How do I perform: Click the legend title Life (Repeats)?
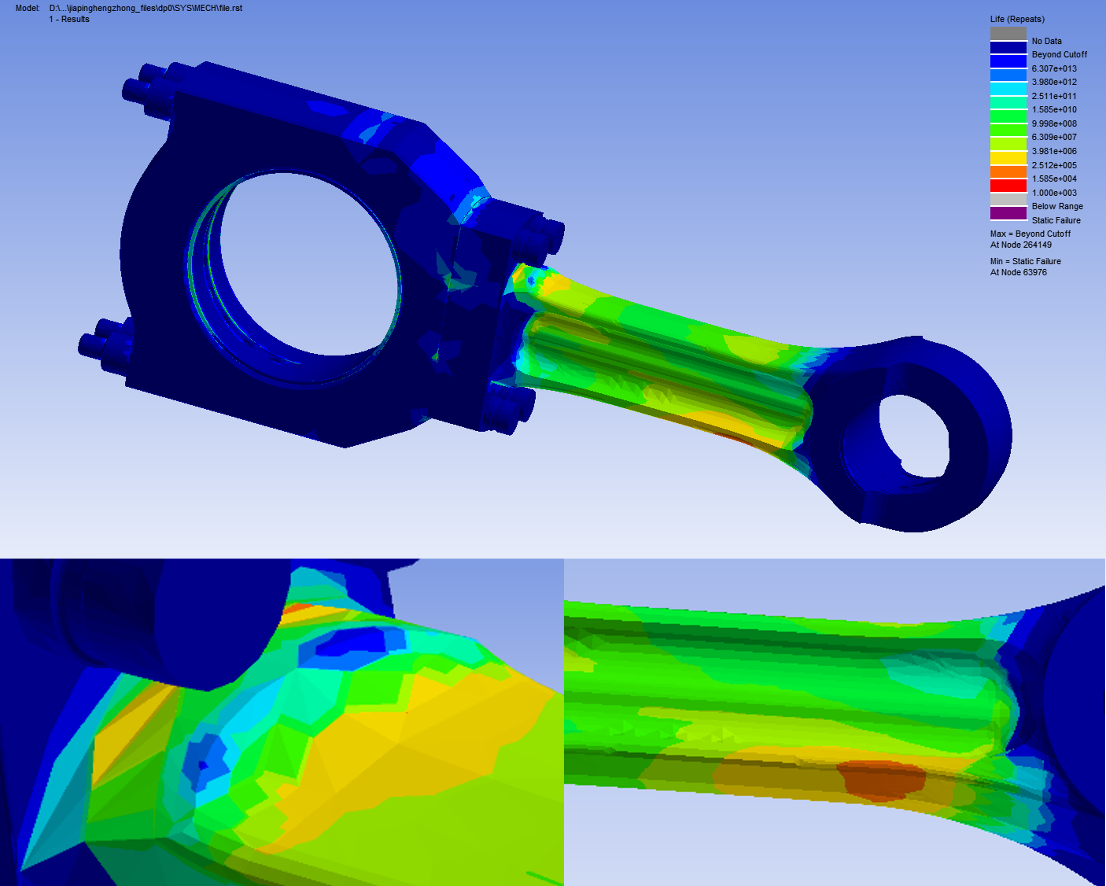click(x=1017, y=19)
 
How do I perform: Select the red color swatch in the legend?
click(x=1009, y=185)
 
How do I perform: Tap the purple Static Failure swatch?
click(x=1009, y=213)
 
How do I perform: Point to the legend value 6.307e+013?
click(x=1054, y=68)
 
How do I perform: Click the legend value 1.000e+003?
click(x=1054, y=193)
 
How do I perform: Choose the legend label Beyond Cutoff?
click(x=1059, y=54)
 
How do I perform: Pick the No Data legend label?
click(x=1047, y=41)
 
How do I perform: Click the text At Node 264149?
click(x=1021, y=245)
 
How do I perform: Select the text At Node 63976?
click(x=1019, y=272)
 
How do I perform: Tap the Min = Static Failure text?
click(x=1026, y=261)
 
